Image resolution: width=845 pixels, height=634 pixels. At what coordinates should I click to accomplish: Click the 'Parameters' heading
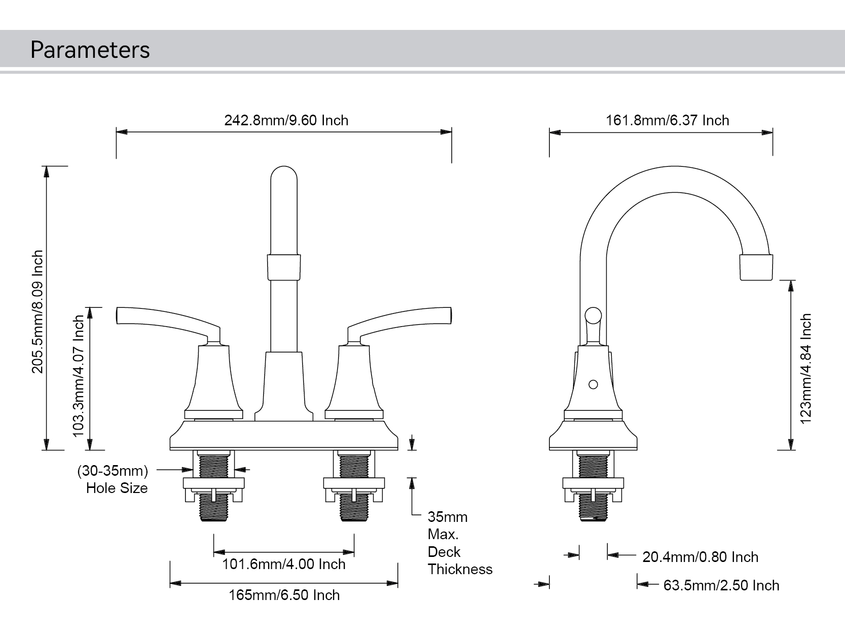pos(90,50)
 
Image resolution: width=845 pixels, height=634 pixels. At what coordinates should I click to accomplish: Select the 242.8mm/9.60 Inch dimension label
pos(286,120)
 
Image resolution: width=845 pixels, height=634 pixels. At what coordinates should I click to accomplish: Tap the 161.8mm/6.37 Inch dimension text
pos(667,120)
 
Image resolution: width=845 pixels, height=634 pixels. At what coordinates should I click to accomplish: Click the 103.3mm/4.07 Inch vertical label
pos(79,375)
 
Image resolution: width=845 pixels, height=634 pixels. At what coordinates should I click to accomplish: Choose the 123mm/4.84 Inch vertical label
pos(805,368)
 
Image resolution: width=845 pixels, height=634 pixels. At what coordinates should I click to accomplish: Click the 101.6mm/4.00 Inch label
pos(284,564)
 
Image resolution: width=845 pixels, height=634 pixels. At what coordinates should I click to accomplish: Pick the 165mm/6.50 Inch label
pos(284,595)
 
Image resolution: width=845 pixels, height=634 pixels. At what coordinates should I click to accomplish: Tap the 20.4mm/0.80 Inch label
pos(700,557)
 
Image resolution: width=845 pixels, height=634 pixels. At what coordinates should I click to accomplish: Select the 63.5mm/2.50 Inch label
pos(721,585)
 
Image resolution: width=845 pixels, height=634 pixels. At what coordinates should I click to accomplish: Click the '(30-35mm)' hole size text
pos(113,471)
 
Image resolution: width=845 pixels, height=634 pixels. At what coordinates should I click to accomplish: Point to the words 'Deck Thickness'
pos(459,560)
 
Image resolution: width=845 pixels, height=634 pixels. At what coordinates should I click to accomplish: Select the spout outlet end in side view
pos(756,267)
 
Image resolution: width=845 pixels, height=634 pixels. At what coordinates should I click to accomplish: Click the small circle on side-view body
pos(593,384)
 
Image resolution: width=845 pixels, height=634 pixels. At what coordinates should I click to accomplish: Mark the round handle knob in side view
pos(593,315)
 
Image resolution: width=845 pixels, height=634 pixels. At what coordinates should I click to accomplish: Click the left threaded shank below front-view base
pos(213,466)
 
